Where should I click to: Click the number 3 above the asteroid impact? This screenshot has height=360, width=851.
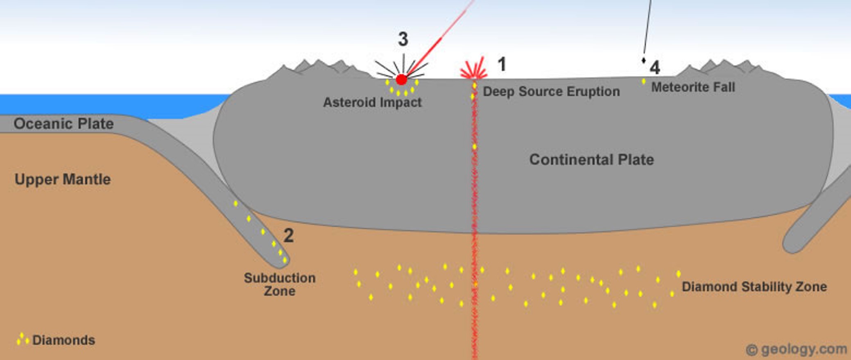403,39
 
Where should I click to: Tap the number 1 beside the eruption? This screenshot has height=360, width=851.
501,64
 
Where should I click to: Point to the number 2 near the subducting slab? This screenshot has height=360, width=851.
289,235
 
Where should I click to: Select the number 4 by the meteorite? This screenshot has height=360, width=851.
654,68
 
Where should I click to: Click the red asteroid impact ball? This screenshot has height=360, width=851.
401,79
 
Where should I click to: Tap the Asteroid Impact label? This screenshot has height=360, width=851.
372,102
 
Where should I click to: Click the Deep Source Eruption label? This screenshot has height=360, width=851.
551,91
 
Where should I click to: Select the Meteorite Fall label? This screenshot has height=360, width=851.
693,87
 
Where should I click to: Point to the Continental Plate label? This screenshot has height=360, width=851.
591,159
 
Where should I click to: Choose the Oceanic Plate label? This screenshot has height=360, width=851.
63,124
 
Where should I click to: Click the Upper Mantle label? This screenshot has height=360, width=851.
63,179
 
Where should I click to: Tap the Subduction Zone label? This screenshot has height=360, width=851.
280,284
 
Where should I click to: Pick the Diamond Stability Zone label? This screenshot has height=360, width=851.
754,287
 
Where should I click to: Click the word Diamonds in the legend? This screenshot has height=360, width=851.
63,340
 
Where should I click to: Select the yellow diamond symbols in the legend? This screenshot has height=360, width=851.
22,339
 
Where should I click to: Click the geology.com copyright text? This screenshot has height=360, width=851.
796,350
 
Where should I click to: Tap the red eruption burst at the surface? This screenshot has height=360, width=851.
474,70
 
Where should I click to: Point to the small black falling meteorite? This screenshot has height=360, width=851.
643,61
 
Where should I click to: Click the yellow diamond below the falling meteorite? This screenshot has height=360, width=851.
643,82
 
